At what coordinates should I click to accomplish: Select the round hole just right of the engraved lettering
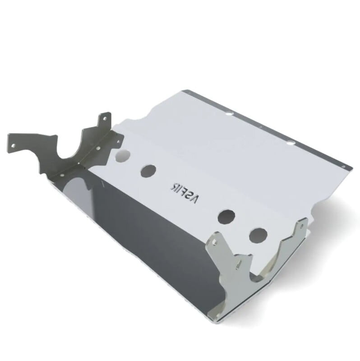[225, 217]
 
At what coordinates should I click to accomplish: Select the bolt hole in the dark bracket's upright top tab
[105, 117]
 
